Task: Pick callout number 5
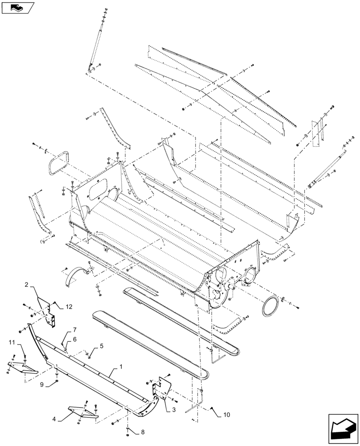[102, 346]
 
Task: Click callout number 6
[75, 340]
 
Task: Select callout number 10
[227, 415]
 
